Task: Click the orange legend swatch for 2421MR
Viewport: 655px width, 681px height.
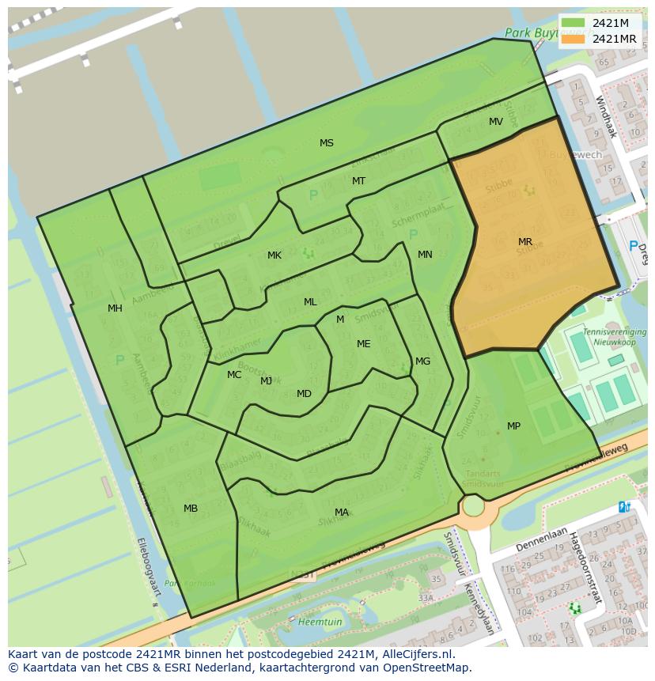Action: click(574, 39)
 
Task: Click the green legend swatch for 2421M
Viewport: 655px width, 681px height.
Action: click(574, 23)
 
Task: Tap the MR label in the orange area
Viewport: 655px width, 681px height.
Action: click(525, 242)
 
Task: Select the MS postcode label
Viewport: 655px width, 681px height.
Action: click(327, 143)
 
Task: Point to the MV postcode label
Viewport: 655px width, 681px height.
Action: click(496, 122)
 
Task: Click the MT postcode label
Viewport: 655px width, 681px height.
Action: click(359, 181)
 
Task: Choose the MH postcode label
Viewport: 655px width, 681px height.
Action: click(115, 308)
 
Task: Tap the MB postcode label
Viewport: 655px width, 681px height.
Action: click(191, 509)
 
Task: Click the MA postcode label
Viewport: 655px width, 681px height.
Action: click(342, 513)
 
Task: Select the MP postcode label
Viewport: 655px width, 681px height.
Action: click(514, 426)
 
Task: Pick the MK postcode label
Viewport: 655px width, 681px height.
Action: click(274, 255)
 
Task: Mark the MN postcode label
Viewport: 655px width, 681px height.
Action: click(426, 255)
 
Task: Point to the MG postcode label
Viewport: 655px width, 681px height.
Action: click(423, 361)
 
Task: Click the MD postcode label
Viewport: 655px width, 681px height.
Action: click(304, 394)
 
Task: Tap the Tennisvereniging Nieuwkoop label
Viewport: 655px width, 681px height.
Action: click(614, 336)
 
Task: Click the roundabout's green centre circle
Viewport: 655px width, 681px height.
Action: click(473, 505)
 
